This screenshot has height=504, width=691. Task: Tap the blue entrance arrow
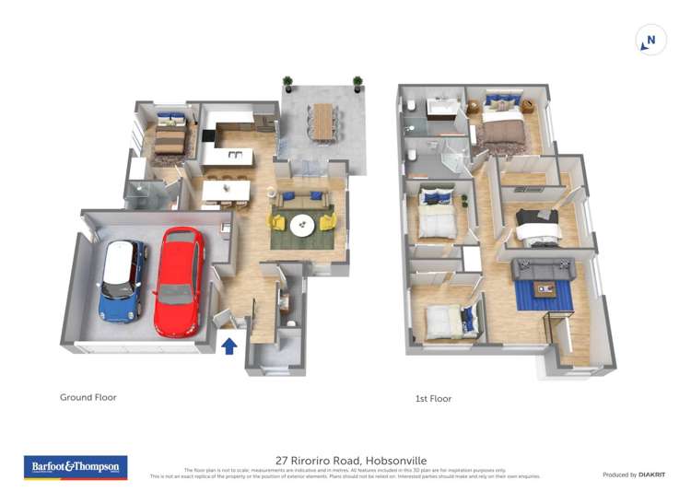point(229,346)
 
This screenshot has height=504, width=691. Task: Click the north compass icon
point(650,41)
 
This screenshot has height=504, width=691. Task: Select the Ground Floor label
point(88,398)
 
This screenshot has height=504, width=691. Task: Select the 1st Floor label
point(433,399)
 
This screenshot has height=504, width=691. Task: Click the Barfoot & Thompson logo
point(76,467)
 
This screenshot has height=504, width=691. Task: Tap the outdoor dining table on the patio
point(322,121)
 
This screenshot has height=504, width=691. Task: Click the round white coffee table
point(302,224)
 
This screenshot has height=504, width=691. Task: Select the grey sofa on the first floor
point(543,268)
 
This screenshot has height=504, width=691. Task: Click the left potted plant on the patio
point(287,84)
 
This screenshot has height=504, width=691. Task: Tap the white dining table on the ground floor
point(226,190)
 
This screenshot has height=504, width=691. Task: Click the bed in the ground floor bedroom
point(170,138)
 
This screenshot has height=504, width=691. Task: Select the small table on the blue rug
point(545,291)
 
